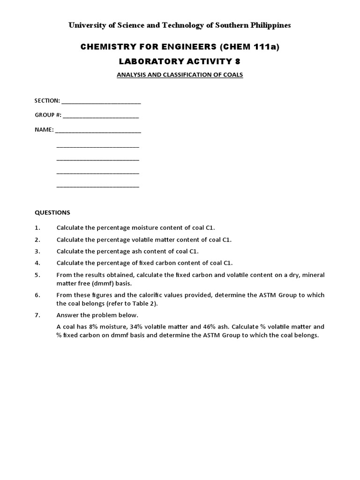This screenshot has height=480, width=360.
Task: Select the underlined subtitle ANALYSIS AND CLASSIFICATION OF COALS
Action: [180, 75]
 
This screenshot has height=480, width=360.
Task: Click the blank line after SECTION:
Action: [101, 101]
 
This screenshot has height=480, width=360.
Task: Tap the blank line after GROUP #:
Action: [101, 115]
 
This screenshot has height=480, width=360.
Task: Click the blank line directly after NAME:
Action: [98, 130]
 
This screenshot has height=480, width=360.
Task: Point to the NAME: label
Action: [44, 130]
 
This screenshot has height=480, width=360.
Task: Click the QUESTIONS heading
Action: [52, 212]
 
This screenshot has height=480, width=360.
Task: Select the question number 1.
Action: [37, 228]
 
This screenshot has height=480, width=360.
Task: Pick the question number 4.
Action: [37, 263]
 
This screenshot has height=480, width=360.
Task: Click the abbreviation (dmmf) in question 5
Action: [105, 283]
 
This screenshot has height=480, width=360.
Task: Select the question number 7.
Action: [37, 315]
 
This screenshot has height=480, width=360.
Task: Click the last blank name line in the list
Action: [98, 186]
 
